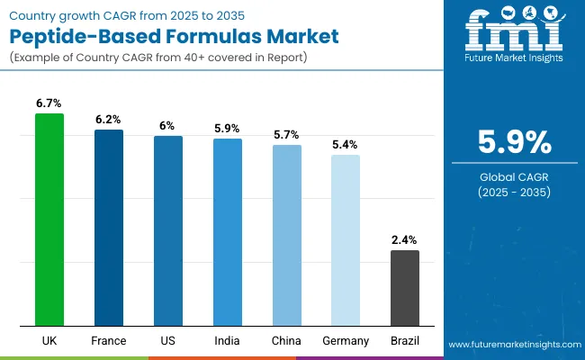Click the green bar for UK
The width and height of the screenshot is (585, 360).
pos(49,220)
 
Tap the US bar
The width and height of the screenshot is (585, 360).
pos(168,231)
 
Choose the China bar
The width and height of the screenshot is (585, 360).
pos(286,236)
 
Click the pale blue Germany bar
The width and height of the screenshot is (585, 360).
pos(346,240)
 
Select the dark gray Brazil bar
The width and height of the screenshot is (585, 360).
pos(404,288)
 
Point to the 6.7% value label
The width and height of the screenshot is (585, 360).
pos(49,104)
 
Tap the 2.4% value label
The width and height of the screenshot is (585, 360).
pos(404,240)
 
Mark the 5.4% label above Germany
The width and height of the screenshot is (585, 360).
pos(346,145)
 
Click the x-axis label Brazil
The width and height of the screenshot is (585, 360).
pos(404,341)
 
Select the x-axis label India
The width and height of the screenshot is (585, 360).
pos(227,341)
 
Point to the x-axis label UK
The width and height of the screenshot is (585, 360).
pos(49,341)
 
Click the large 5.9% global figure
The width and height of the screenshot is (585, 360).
pos(512,143)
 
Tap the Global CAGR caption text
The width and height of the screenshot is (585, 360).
pos(512,176)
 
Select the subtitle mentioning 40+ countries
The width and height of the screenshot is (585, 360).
pos(161,58)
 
